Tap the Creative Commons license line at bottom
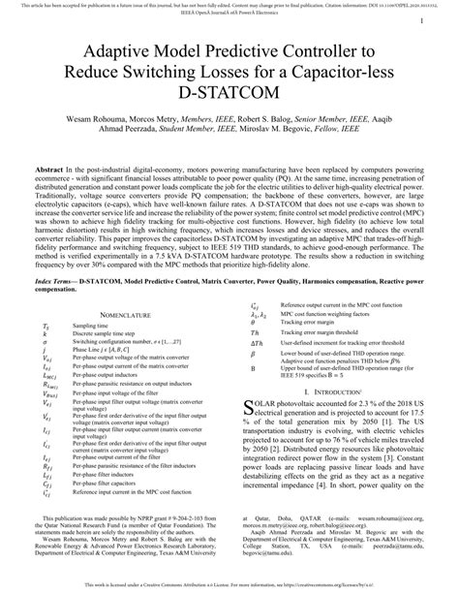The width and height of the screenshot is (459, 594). click(x=229, y=587)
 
